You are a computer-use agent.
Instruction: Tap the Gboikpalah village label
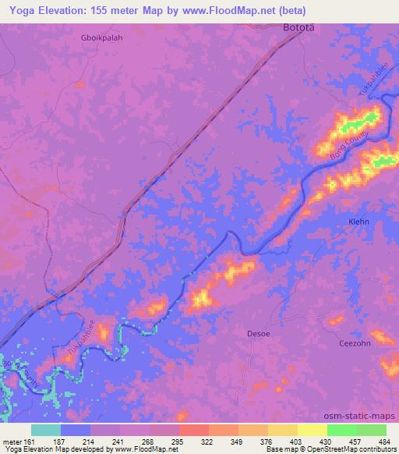[104, 37]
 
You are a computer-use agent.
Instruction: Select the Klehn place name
[358, 222]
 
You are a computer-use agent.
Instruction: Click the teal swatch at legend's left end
[45, 430]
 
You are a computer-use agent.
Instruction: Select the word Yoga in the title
[18, 11]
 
